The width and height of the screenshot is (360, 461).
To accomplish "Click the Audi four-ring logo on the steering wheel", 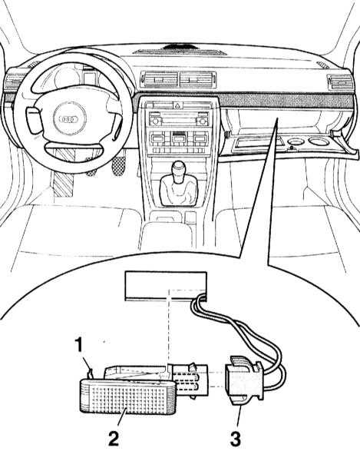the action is [x=69, y=119].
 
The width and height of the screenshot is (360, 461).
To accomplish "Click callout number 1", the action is [x=78, y=345].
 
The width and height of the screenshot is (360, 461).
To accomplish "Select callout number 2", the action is [x=113, y=438].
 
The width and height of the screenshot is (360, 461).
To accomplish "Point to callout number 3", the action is [x=235, y=439].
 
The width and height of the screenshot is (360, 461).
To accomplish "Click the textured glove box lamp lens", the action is [x=128, y=396].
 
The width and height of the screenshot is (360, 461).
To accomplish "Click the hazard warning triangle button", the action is [x=178, y=105].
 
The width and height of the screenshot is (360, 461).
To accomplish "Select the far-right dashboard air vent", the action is [x=340, y=83].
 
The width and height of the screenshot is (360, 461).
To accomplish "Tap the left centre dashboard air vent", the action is [x=159, y=79].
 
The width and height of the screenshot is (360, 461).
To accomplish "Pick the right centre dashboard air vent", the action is [x=197, y=79].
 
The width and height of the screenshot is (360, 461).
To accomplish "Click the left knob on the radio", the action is [x=155, y=121].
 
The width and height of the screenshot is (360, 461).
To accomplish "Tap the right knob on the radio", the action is [x=202, y=121].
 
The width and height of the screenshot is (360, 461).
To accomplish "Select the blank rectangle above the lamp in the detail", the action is [x=166, y=286].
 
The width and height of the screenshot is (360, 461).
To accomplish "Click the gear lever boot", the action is [x=177, y=191].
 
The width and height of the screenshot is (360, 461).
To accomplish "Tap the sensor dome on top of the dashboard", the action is [x=179, y=46].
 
